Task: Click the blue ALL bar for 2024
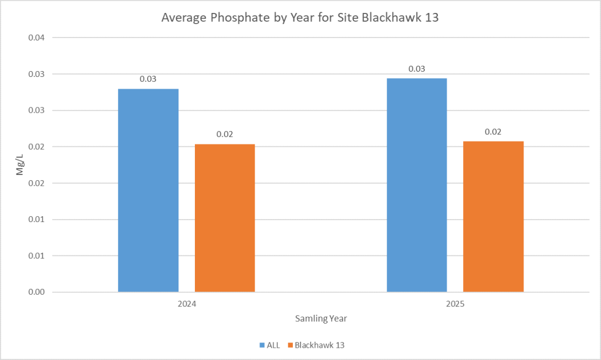tap(148, 190)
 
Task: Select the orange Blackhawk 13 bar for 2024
tap(225, 218)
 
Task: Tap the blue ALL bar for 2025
tap(417, 185)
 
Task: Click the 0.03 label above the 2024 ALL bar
tap(148, 79)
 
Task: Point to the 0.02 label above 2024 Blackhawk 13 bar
tap(225, 134)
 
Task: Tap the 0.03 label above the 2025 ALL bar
tap(417, 69)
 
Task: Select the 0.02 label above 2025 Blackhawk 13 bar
tap(493, 132)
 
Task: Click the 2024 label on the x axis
tap(187, 305)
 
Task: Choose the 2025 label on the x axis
tap(455, 305)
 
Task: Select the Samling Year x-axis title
tap(320, 319)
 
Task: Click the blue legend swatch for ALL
tap(261, 345)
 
